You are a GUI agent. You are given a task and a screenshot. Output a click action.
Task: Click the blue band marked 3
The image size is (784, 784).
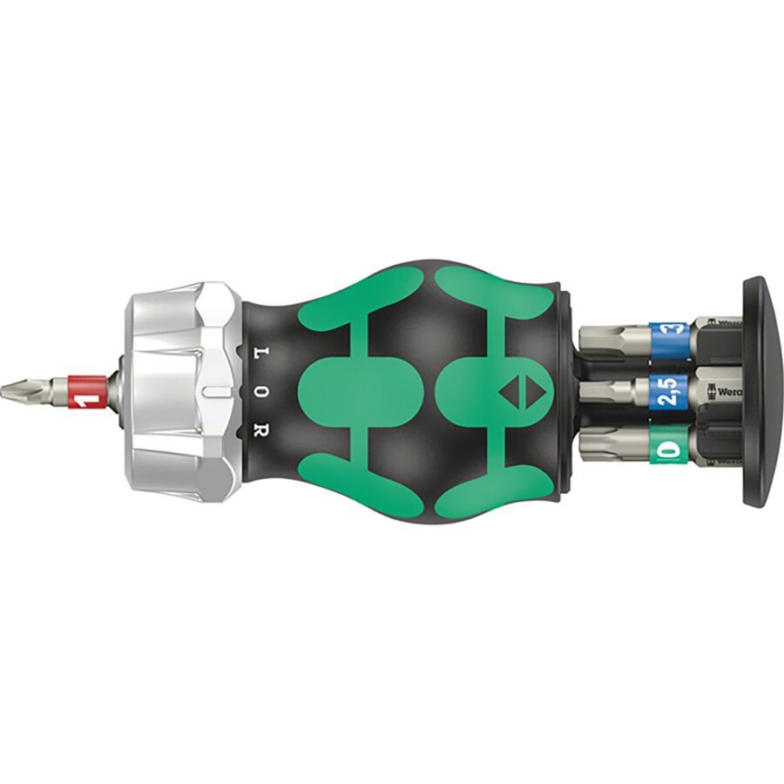click(x=669, y=337)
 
